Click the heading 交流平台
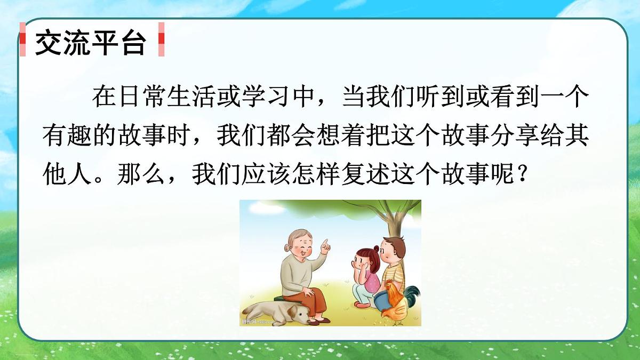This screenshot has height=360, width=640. tap(90, 43)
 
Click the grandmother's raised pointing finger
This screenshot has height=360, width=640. tap(325, 245)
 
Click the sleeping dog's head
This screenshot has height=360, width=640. tap(299, 315)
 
